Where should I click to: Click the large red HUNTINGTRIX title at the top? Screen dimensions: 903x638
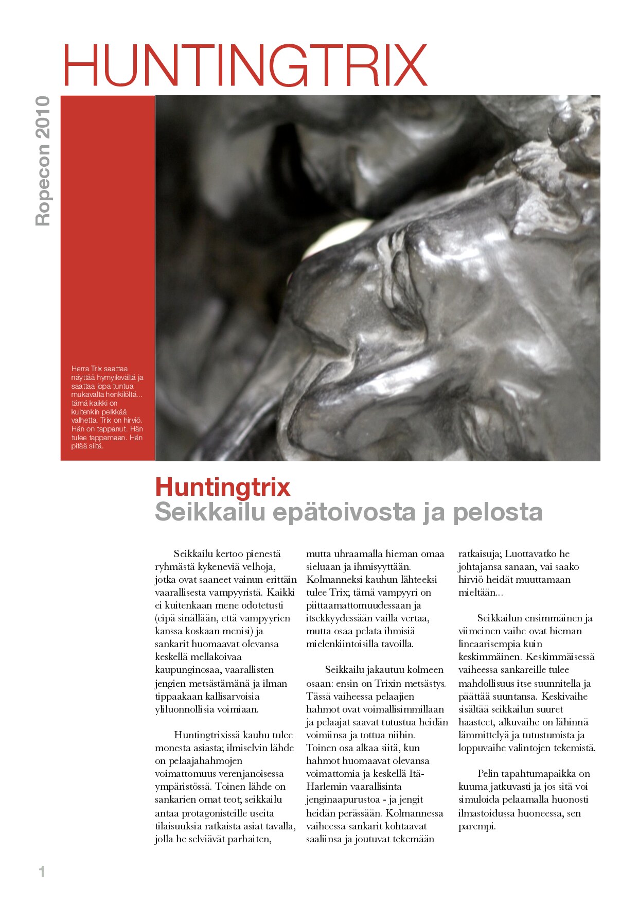tap(245, 65)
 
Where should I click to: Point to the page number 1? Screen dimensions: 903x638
tap(42, 872)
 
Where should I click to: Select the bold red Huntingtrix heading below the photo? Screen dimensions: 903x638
tap(222, 487)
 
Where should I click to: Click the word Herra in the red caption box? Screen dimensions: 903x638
tap(80, 369)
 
